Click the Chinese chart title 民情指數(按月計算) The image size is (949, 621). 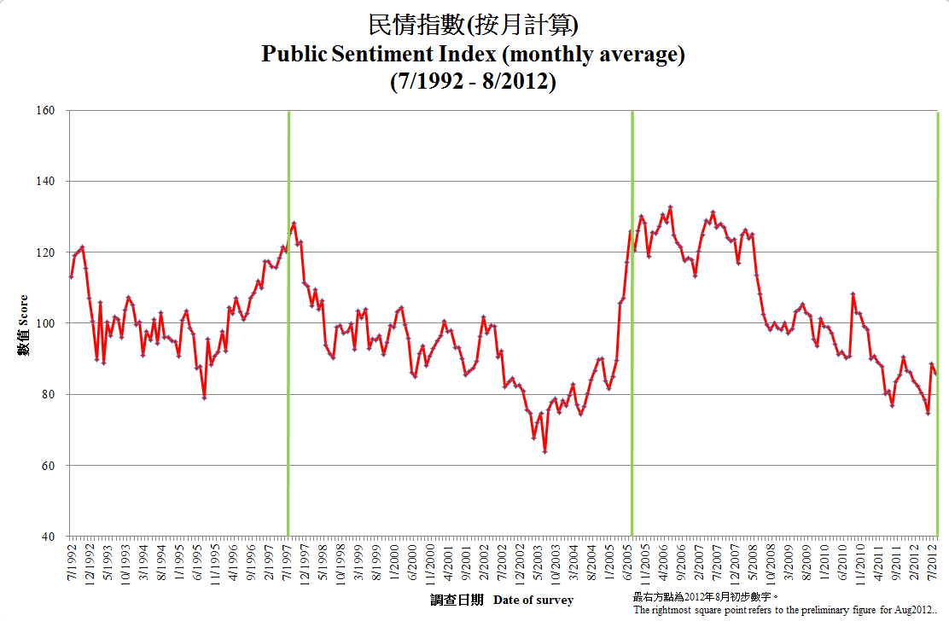[474, 25]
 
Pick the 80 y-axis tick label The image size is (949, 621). [48, 394]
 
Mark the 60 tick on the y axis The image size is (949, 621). [48, 466]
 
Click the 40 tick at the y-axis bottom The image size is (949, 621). [48, 537]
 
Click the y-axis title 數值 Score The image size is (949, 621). [24, 324]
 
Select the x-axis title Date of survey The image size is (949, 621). [533, 601]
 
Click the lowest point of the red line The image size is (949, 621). [544, 451]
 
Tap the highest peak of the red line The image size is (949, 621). [670, 206]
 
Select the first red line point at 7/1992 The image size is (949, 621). [71, 276]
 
